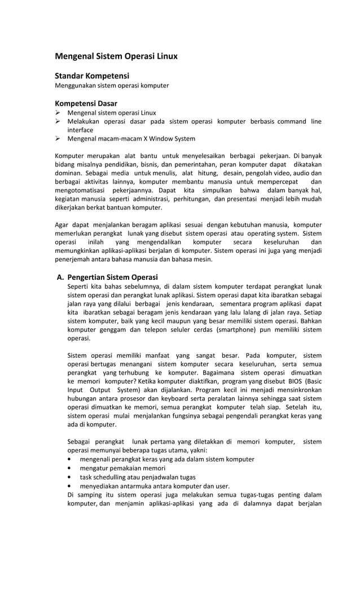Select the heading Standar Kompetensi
[92, 76]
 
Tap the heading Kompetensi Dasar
[86, 103]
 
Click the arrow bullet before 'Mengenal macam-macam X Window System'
[58, 139]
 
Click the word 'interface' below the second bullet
[80, 130]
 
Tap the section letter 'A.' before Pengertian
[60, 277]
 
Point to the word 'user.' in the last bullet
[222, 485]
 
